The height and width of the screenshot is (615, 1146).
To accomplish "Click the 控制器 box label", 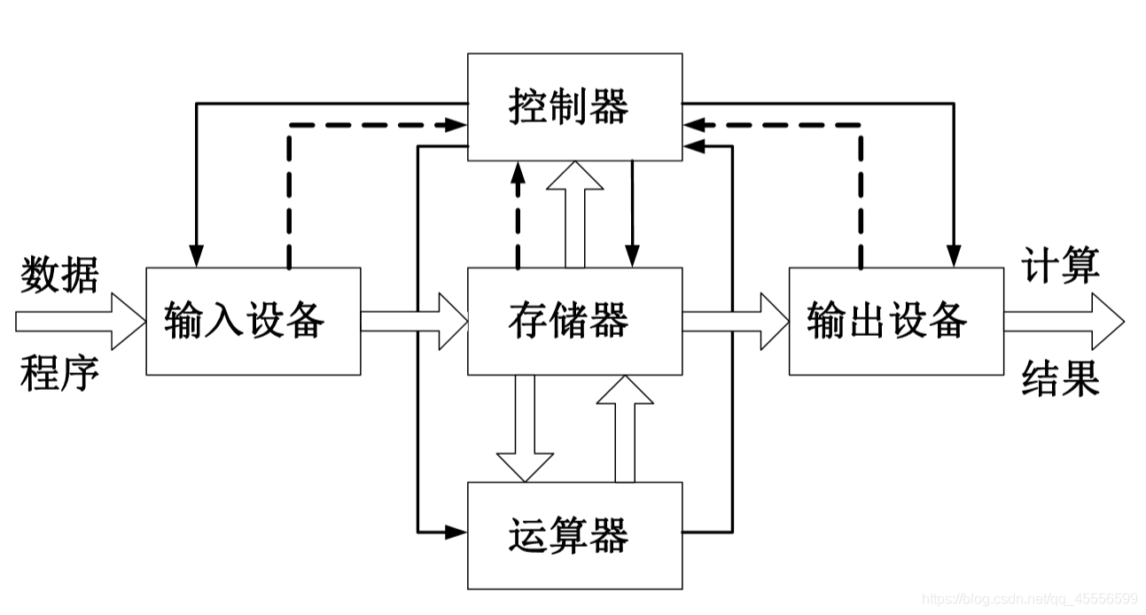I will click(x=569, y=107).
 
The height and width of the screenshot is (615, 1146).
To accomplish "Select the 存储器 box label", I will click(x=569, y=320).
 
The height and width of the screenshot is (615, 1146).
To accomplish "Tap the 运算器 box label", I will click(x=569, y=535).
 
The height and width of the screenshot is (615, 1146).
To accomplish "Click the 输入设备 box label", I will click(x=245, y=320).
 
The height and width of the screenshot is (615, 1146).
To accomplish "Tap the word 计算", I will click(x=1061, y=266).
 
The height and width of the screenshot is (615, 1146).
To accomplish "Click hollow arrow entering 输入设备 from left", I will click(x=80, y=320).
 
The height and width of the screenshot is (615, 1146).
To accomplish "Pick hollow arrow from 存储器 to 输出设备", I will click(x=735, y=320).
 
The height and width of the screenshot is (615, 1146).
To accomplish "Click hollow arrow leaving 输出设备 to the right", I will click(x=1064, y=320).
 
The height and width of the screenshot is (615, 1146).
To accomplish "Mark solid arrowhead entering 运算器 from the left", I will click(x=456, y=532).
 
